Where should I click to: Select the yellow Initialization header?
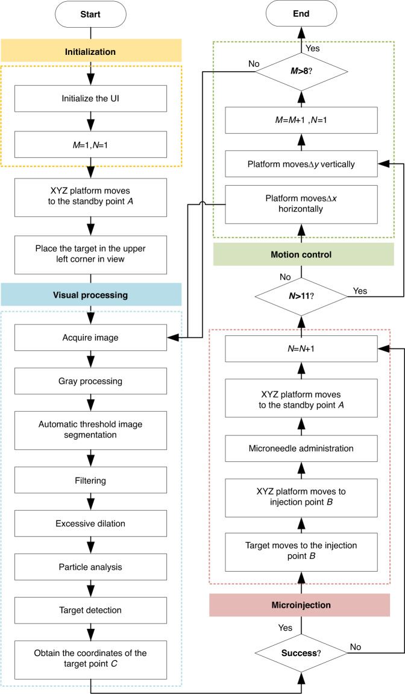[x=90, y=52]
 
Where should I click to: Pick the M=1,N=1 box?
[x=90, y=145]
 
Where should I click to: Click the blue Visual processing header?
[x=90, y=295]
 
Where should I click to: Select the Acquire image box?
[x=90, y=338]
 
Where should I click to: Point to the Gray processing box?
[x=90, y=382]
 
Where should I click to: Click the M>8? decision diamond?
[x=301, y=74]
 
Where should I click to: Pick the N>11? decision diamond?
[x=301, y=295]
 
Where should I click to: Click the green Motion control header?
[x=301, y=254]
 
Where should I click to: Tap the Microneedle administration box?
[x=301, y=449]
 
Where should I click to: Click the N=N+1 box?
[x=301, y=348]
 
